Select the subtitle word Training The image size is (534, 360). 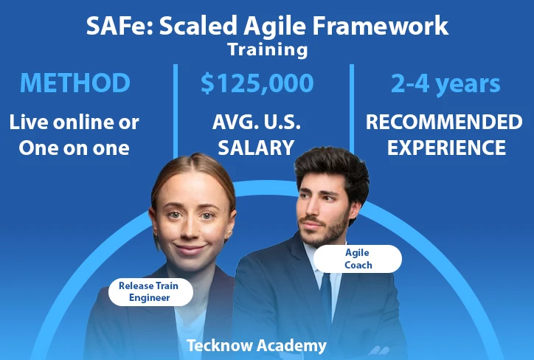point(268,49)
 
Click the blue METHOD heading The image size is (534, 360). point(75,83)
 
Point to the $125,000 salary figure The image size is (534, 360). point(257,83)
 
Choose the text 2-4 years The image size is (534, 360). point(445,84)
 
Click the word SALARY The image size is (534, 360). point(256,148)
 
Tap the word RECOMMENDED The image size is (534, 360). point(444,122)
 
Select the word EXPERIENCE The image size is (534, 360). point(446,148)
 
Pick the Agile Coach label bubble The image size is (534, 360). point(358,259)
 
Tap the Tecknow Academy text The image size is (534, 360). point(257,345)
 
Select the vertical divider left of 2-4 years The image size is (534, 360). point(352,108)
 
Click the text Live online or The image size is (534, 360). point(74,122)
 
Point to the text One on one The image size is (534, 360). point(74,148)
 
